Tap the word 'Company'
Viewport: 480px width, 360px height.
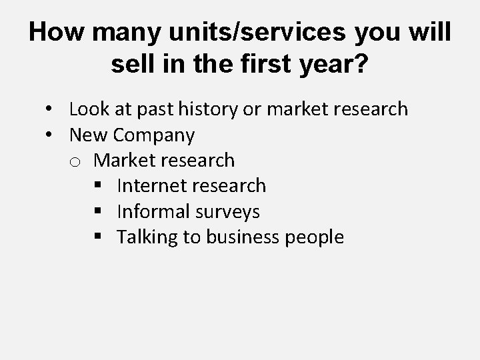click(154, 135)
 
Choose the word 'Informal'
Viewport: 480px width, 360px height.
click(151, 212)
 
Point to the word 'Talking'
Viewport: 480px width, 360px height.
click(147, 237)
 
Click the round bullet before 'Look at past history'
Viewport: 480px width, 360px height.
click(50, 109)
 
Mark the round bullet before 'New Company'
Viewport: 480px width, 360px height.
click(50, 135)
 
